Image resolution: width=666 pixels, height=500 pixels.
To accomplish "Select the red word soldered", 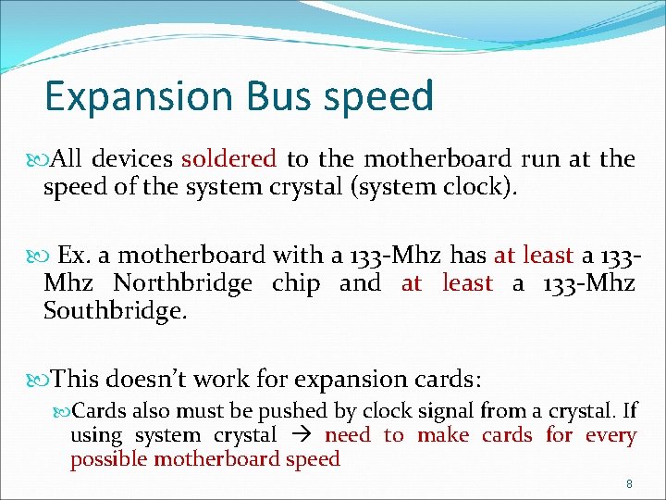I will tap(228, 159).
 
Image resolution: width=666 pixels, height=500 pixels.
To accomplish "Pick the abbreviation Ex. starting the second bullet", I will tap(73, 255).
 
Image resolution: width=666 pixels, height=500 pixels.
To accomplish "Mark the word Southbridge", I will tap(115, 311).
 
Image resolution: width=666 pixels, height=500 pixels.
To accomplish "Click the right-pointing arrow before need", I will tap(301, 435).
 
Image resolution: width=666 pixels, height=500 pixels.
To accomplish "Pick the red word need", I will tap(348, 435).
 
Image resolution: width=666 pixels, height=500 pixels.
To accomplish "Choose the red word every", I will tap(611, 435).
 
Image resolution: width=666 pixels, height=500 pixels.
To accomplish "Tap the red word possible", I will tap(109, 459).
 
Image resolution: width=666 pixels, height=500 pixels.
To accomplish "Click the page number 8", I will tap(629, 484).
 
